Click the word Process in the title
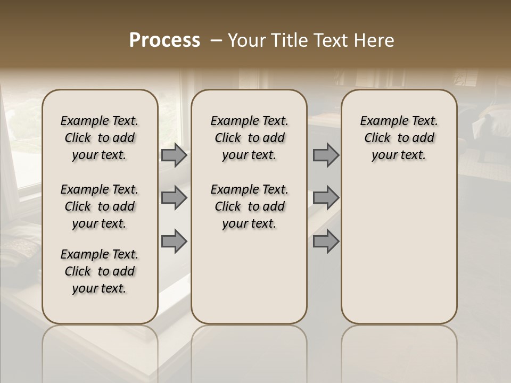pos(164,40)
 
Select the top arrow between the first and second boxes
pos(174,155)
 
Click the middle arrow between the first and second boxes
pos(174,198)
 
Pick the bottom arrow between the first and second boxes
pos(174,241)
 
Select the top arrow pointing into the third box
pos(326,155)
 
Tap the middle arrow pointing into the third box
pos(326,198)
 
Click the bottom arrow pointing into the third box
pos(326,241)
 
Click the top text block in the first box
pos(100,138)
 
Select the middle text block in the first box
pos(100,206)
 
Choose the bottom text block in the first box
pos(100,271)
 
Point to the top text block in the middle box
pos(249,138)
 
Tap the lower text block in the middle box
pos(249,206)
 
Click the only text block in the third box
pos(399,138)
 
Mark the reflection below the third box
pos(399,351)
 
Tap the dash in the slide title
pos(216,40)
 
